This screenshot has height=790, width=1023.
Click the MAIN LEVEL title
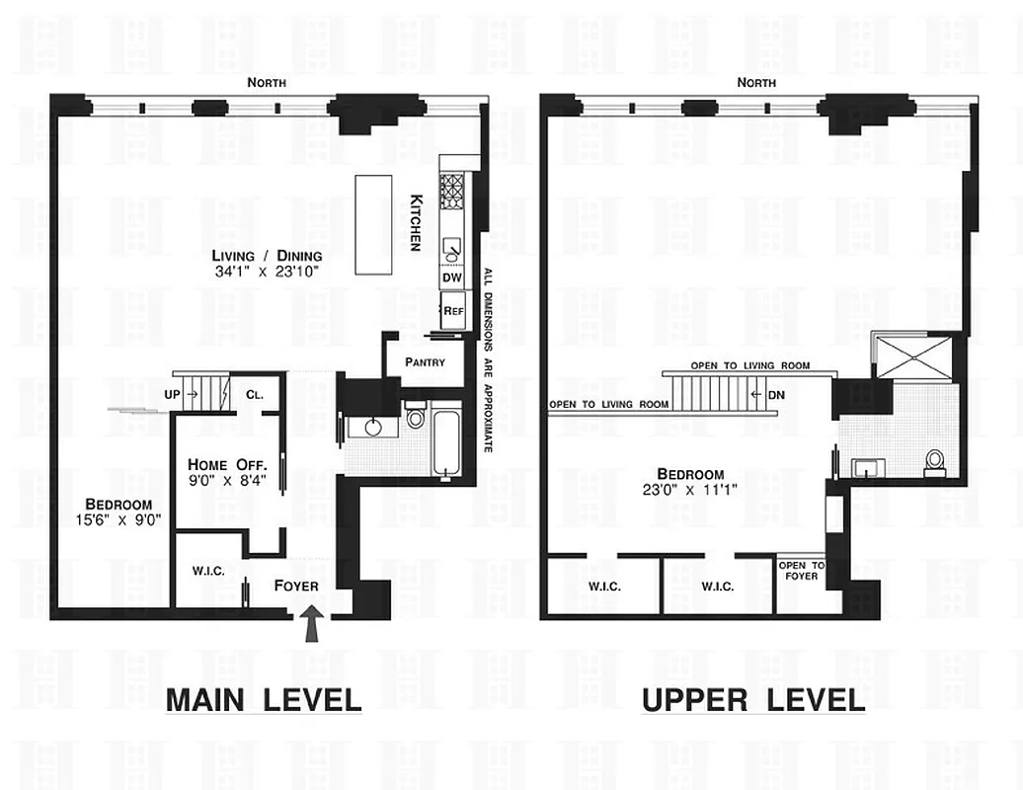coord(263,700)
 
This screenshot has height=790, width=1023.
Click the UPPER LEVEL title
coord(753,700)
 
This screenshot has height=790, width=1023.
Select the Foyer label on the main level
coord(296,586)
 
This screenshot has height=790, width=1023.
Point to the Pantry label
coord(425,362)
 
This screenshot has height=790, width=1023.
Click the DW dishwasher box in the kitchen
coord(452,279)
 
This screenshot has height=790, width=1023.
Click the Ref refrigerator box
coord(453,310)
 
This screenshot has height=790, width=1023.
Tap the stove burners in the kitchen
coord(451,187)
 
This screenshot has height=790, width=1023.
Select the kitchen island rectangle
coord(374,227)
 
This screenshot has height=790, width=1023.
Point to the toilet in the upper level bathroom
coord(934,461)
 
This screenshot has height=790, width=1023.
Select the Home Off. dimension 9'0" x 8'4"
coord(227,482)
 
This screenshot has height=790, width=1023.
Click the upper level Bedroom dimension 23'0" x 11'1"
coord(692,491)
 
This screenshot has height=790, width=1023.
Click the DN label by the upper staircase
coord(776,395)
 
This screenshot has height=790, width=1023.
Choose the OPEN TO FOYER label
coord(801,571)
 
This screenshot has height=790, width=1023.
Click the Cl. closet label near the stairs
coord(254,394)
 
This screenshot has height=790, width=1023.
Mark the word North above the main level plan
coord(267,83)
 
